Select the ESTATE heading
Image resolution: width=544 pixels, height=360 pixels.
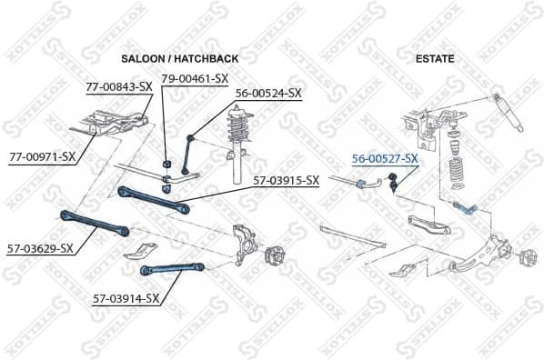pos(435,59)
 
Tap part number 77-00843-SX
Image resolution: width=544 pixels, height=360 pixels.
pos(117,87)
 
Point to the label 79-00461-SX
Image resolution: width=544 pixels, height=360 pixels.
pos(195,78)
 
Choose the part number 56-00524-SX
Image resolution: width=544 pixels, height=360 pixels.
pos(268,93)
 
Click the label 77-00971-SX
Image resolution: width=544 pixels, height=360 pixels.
pos(41,156)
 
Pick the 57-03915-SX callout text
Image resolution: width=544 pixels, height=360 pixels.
pos(287,180)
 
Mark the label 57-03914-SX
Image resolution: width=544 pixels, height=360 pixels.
pos(126,297)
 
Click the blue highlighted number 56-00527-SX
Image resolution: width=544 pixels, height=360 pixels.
pos(385,159)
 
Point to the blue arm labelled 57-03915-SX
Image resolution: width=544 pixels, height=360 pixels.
pos(154,198)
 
